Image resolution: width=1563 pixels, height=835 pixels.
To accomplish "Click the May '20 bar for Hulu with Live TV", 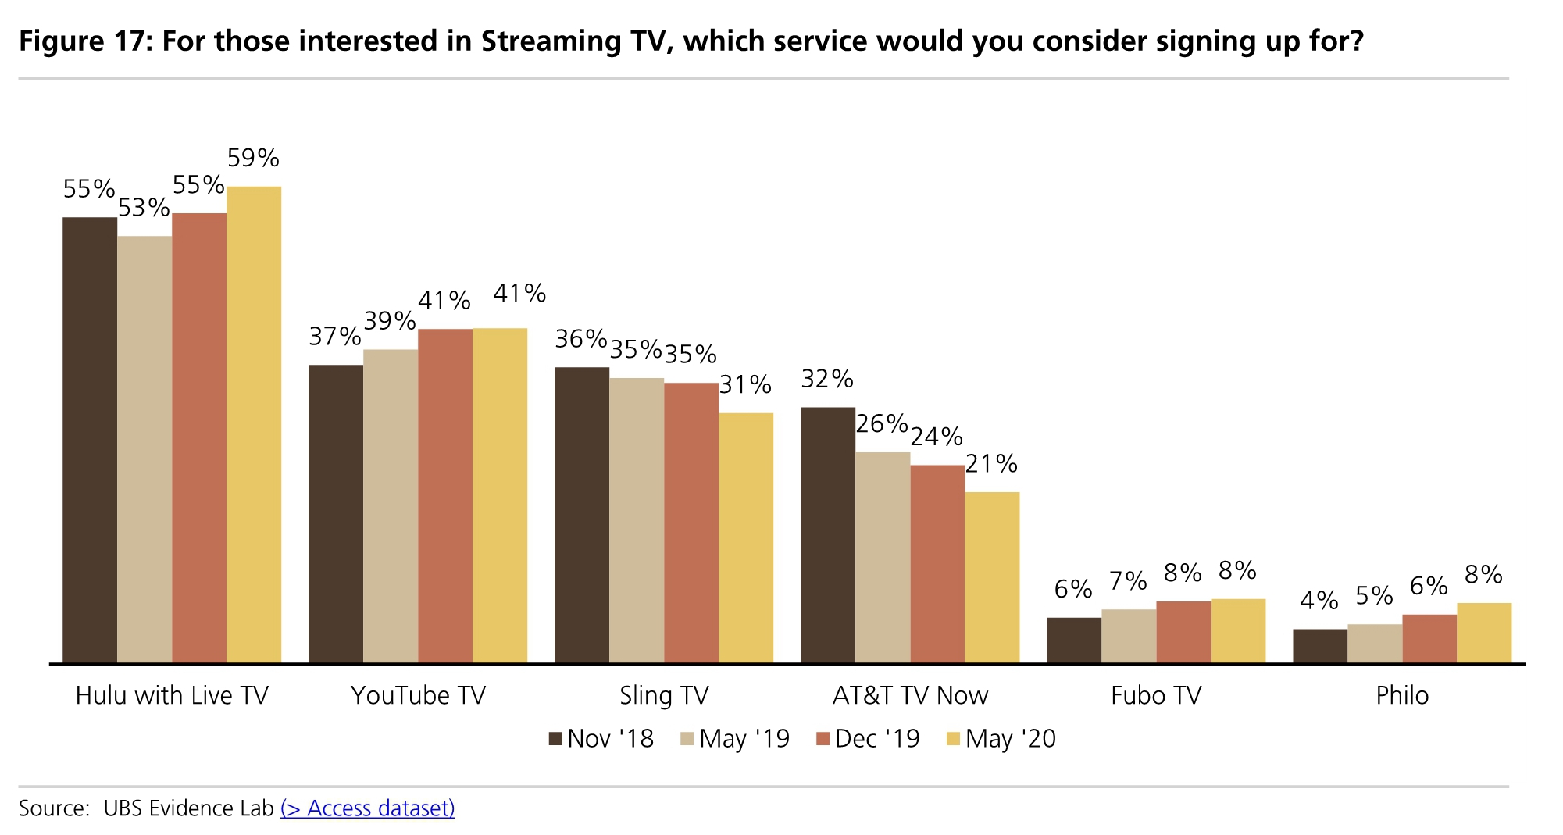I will click(x=254, y=425).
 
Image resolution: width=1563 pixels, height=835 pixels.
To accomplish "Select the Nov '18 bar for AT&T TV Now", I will click(x=828, y=535).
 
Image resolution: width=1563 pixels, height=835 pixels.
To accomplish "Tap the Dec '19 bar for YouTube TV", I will click(x=445, y=496).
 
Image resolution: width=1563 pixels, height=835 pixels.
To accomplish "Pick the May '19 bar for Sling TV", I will click(x=637, y=520).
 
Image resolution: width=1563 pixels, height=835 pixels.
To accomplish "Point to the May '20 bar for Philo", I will click(x=1484, y=633).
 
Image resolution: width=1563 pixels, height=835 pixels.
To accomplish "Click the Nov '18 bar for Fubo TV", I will click(x=1074, y=641).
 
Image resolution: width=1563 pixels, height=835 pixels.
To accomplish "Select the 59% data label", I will click(x=253, y=159).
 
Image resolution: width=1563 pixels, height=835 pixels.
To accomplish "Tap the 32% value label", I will click(x=827, y=380).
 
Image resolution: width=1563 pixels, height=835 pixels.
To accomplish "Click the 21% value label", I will click(x=991, y=465).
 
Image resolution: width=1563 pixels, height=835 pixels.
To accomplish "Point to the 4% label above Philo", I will click(x=1319, y=601).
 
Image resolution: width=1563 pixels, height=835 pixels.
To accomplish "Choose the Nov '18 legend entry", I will click(x=601, y=739).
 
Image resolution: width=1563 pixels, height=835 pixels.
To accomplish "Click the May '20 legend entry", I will click(x=1001, y=739).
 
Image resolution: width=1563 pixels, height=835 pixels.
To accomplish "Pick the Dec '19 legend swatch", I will click(x=822, y=739).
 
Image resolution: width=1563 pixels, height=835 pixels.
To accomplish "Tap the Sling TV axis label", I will click(x=664, y=695).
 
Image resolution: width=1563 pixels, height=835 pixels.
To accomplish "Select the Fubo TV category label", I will click(x=1156, y=695).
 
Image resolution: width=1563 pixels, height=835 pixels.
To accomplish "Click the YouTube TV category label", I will click(x=418, y=695).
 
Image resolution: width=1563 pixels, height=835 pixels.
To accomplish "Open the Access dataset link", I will click(x=367, y=808).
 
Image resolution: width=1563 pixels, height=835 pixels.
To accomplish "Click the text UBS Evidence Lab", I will click(x=188, y=808).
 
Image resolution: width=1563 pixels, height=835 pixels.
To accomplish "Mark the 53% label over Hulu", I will click(x=144, y=208).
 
